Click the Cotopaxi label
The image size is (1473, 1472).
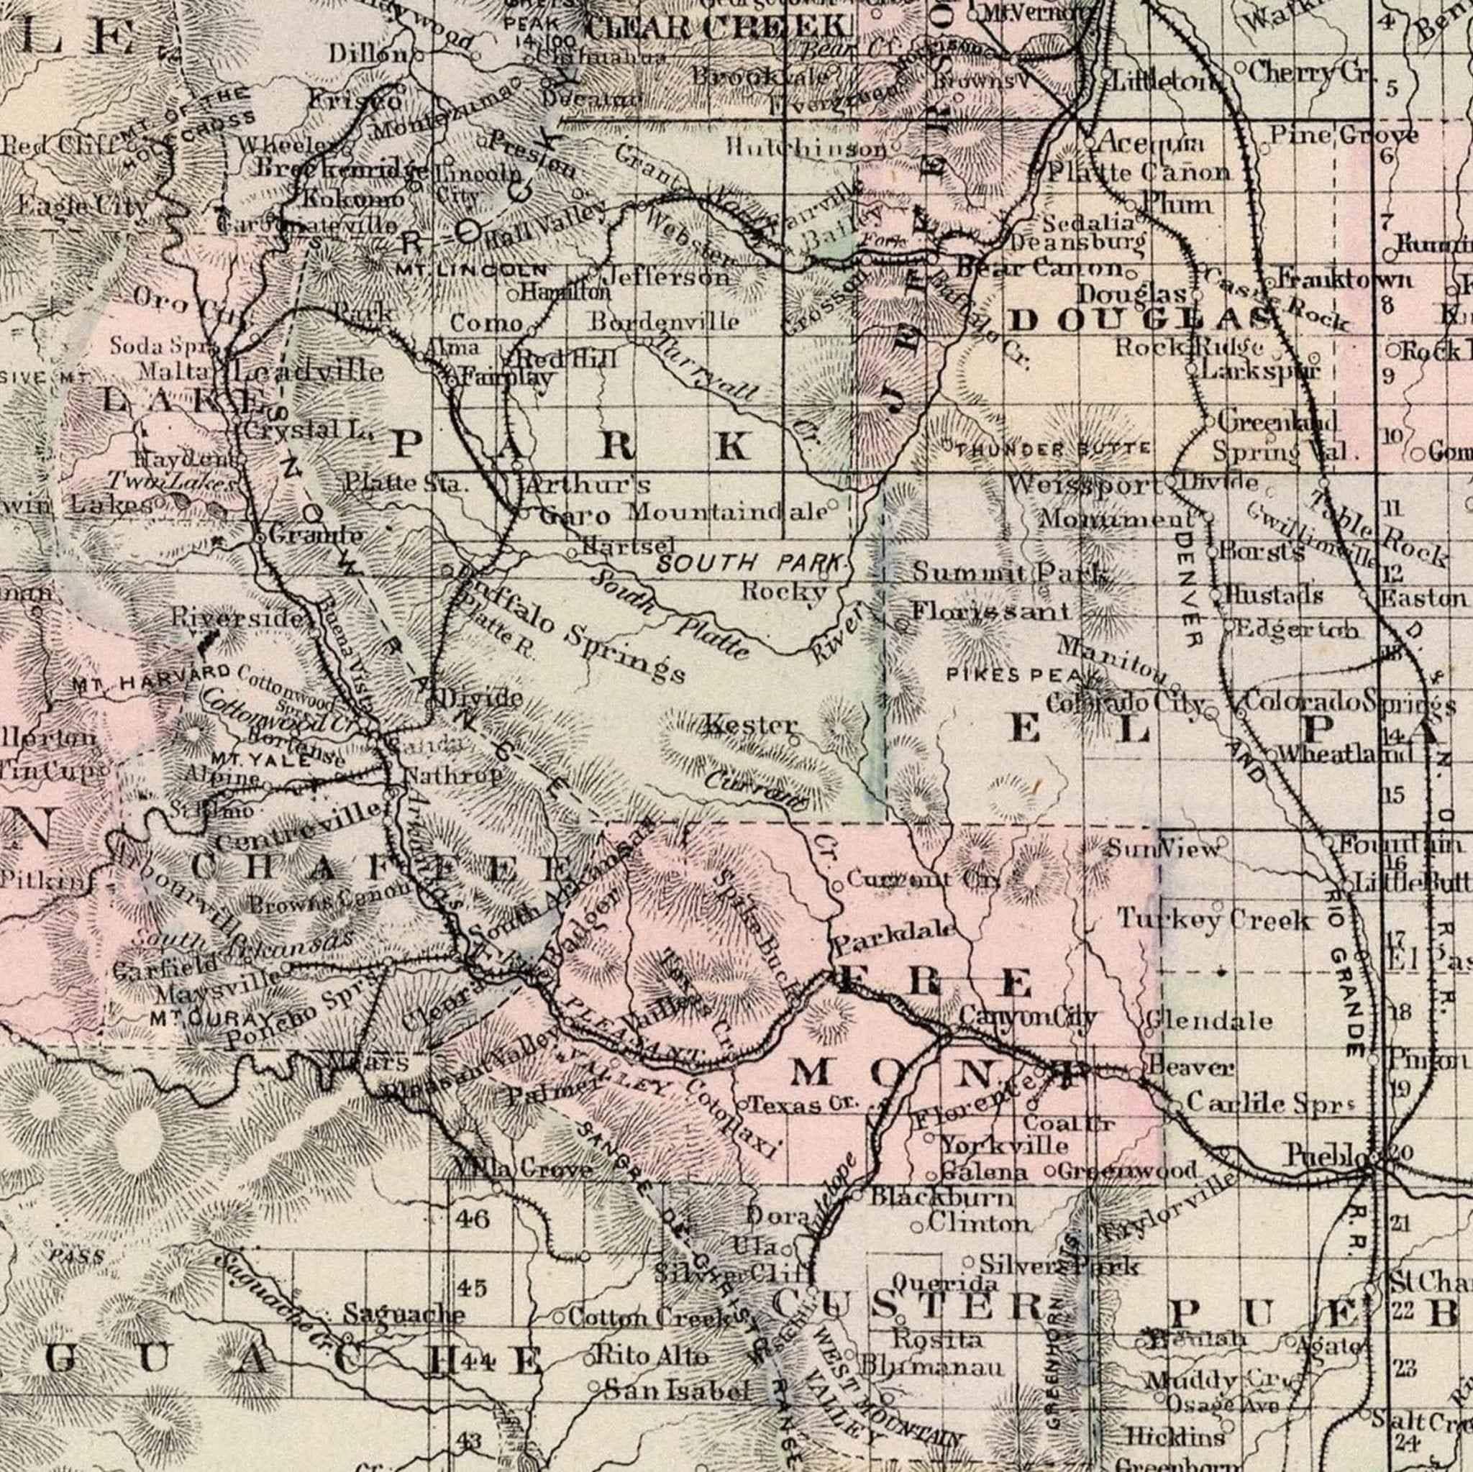pyautogui.click(x=731, y=1115)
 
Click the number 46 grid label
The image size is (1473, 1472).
pyautogui.click(x=473, y=1218)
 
